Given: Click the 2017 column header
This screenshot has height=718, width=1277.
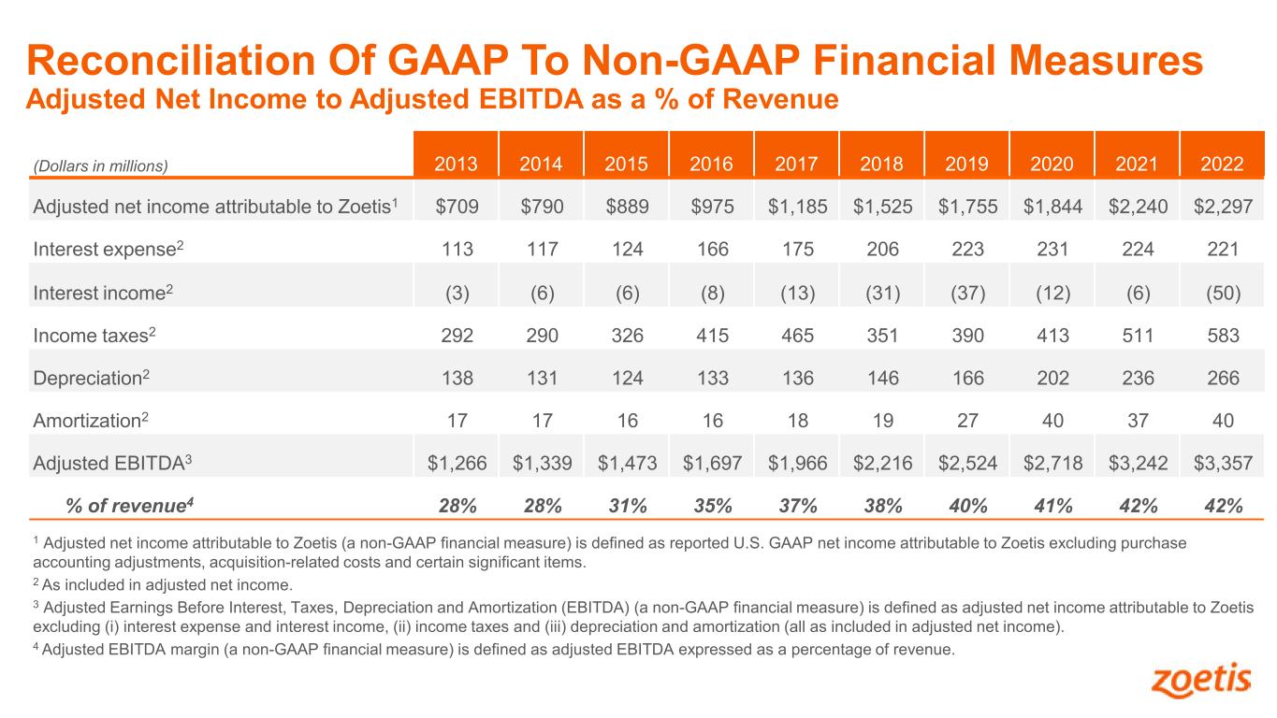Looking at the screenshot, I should pos(797,165).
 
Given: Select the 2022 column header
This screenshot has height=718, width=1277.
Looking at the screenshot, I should pos(1223,165).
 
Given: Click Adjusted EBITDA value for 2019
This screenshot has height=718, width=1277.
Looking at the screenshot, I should pos(967,463).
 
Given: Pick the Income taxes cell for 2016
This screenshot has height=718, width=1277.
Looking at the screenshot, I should pos(712,336).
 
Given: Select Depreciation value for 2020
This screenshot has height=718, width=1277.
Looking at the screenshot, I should pos(1052,379).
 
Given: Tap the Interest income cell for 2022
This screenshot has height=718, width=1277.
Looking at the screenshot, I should pos(1223,293).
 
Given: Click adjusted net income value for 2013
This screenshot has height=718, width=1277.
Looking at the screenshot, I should pos(457,207).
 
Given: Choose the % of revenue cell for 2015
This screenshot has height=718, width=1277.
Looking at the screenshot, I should pos(627,506).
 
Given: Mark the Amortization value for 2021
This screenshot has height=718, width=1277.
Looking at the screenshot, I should pos(1138,421).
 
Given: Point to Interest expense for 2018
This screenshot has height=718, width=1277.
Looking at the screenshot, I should pos(882,250).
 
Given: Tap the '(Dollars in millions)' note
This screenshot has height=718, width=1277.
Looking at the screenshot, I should pos(100,166).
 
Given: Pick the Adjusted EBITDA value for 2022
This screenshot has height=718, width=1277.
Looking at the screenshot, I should pos(1223,463).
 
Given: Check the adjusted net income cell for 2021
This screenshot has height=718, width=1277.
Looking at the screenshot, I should pos(1138,207).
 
